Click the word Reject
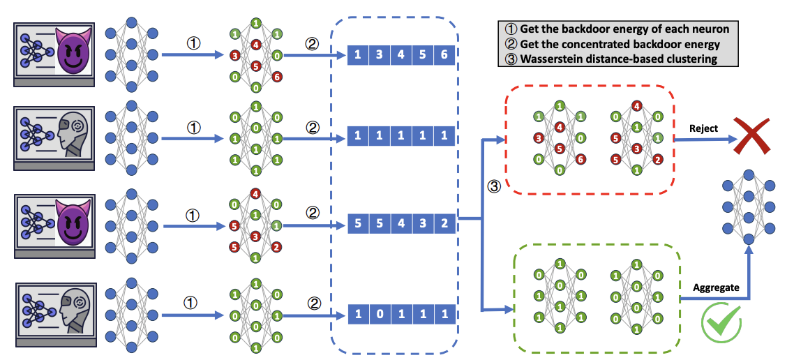(703, 128)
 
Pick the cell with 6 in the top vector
(444, 54)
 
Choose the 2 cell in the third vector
(444, 225)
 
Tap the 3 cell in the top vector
(379, 54)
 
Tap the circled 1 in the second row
(195, 128)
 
